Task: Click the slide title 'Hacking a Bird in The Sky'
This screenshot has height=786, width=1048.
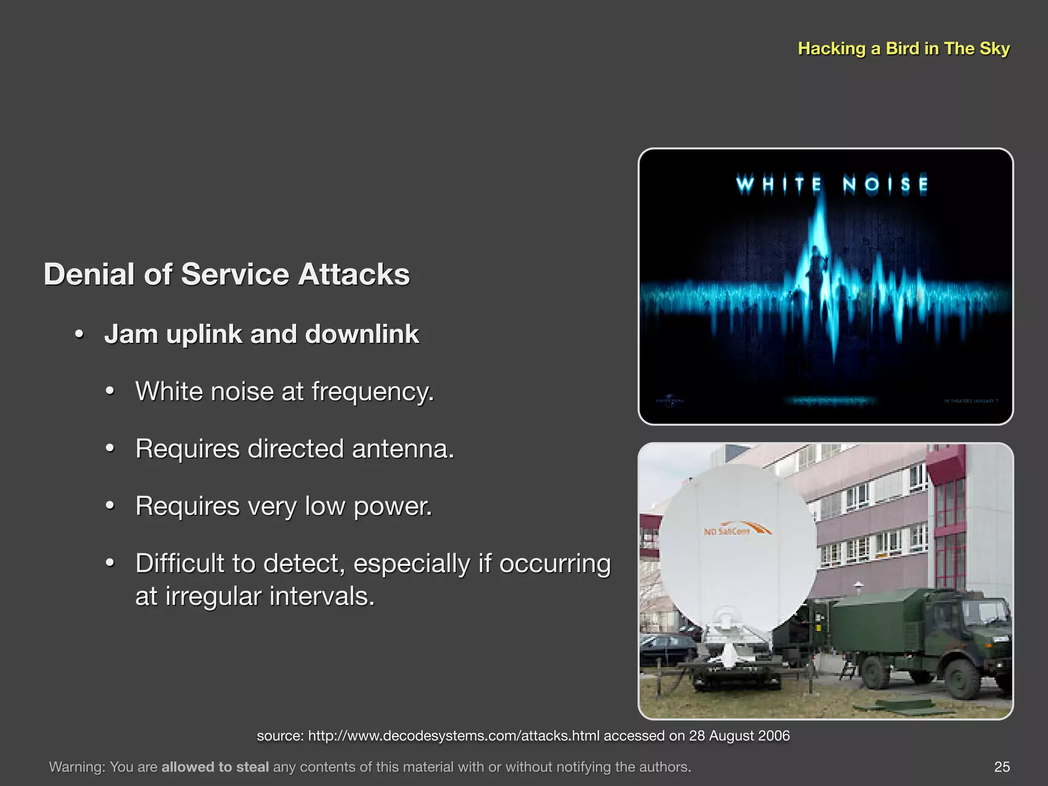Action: [904, 49]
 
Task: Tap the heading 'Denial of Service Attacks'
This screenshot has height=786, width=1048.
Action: [227, 274]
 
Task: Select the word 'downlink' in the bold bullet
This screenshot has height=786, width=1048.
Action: [362, 334]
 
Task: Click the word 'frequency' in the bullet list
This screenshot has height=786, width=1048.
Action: [372, 392]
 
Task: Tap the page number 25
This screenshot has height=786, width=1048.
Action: [1002, 767]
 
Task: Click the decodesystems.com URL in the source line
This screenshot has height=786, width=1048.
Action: [453, 736]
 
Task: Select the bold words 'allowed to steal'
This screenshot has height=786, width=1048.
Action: [215, 767]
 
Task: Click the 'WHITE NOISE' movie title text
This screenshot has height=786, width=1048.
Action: [832, 184]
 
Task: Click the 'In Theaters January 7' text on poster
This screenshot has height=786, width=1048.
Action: [971, 401]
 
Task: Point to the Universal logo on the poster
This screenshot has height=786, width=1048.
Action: [669, 400]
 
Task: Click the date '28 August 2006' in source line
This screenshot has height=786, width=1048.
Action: [739, 736]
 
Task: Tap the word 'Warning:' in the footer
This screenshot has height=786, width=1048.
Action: [77, 767]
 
